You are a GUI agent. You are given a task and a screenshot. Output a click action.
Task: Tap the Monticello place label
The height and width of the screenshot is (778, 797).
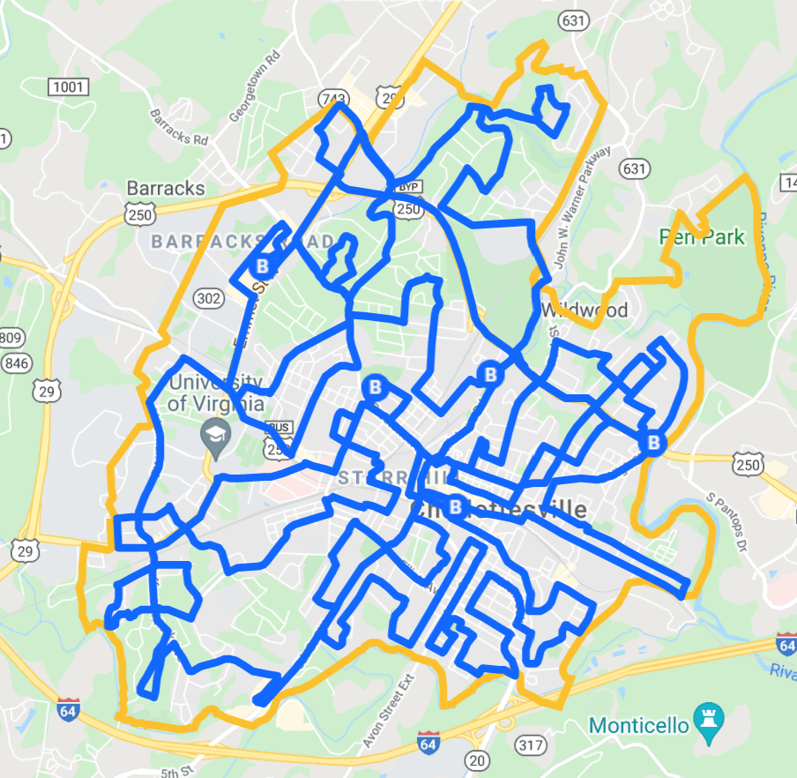pos(638,726)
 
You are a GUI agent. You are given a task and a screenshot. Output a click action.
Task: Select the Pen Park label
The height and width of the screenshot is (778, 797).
pos(703,237)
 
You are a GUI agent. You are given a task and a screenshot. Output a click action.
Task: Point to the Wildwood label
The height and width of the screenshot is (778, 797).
pos(585,310)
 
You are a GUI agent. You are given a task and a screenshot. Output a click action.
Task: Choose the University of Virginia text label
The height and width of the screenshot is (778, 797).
pos(215,393)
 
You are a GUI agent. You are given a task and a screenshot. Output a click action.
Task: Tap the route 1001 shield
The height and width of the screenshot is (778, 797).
pos(68,86)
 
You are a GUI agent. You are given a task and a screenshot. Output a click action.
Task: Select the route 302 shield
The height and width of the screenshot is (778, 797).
pos(208,299)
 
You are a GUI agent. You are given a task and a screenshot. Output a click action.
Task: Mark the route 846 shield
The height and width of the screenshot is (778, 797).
pos(15,363)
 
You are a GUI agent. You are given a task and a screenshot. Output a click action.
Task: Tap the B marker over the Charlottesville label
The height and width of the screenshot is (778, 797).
pos(455,506)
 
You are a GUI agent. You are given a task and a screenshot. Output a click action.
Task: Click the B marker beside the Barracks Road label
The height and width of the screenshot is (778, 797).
pos(261,265)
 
